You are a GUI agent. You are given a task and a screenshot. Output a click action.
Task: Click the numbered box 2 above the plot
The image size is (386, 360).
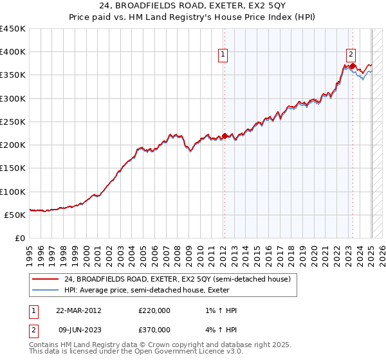click(x=351, y=55)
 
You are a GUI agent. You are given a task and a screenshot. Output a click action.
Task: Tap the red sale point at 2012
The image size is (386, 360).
click(x=225, y=136)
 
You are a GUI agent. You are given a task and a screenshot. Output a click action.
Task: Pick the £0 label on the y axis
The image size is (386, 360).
click(x=19, y=239)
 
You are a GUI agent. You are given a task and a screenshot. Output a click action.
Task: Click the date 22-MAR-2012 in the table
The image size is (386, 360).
click(x=78, y=310)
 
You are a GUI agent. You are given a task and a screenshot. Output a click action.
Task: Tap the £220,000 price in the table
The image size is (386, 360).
click(x=154, y=310)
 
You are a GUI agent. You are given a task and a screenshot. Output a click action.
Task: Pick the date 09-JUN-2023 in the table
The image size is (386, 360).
click(x=78, y=330)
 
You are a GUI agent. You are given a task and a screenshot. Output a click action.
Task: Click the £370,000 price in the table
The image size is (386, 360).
click(x=154, y=330)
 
